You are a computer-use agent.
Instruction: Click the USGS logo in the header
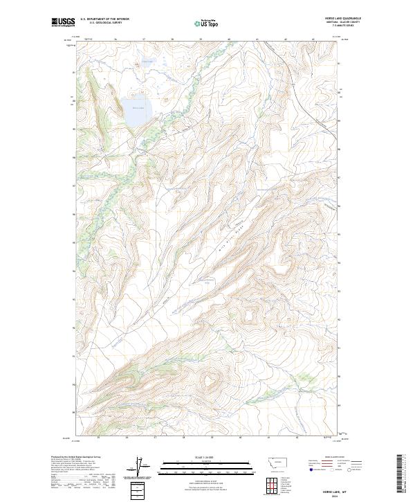63,23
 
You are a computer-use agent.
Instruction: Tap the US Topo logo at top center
207,24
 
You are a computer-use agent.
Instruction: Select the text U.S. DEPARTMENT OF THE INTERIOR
104,19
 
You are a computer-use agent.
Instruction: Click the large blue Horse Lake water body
136,113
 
